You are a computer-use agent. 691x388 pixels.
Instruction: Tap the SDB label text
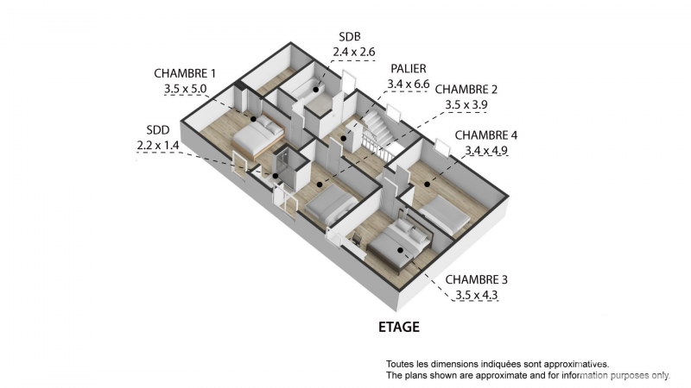[x=349, y=37]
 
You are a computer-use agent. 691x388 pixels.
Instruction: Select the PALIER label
[x=409, y=68]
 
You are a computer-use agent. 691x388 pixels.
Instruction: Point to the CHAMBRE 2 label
[x=466, y=89]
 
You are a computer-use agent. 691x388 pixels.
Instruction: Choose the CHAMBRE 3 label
[x=477, y=279]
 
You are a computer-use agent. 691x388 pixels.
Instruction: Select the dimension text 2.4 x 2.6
[x=354, y=52]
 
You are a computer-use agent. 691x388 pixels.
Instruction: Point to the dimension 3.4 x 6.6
[x=409, y=83]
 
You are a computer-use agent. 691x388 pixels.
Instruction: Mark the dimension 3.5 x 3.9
[x=466, y=103]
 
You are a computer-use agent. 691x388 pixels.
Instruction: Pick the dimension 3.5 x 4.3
[x=477, y=295]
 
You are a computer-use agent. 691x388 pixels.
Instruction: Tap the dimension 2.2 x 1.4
[x=157, y=145]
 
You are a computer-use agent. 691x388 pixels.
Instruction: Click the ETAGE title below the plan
[x=399, y=328]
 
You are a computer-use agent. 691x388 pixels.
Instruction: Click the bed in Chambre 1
[x=257, y=135]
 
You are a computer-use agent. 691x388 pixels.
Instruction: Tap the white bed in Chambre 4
[x=445, y=212]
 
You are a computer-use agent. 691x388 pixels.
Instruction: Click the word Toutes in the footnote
[x=401, y=364]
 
